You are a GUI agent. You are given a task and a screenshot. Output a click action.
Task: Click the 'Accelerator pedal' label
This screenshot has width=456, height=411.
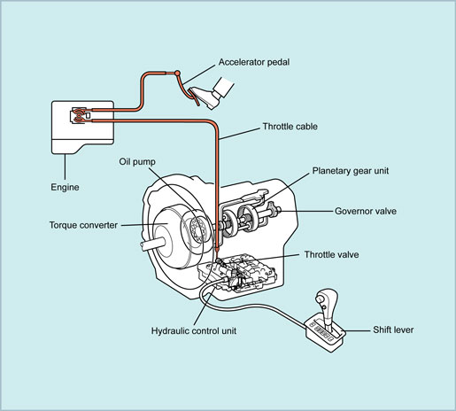(254, 62)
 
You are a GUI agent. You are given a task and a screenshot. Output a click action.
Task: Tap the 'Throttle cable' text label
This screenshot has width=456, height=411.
(290, 127)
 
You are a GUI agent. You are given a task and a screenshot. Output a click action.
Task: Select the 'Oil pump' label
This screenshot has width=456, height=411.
(137, 162)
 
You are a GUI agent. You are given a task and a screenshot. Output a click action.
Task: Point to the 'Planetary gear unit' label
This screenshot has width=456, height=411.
(351, 171)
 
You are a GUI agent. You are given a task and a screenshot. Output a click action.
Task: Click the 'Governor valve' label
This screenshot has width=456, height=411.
(366, 211)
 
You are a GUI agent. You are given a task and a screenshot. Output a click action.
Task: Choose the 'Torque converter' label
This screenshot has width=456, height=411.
(83, 225)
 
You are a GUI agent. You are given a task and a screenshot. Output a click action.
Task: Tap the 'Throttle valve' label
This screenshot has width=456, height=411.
(331, 254)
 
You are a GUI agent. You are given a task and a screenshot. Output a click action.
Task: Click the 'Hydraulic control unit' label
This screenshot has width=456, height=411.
(194, 330)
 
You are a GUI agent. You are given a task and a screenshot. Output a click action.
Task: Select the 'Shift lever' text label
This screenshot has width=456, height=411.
(393, 330)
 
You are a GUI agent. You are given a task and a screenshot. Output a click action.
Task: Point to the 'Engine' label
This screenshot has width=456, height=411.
(65, 187)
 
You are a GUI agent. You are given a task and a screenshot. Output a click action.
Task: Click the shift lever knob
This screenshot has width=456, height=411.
(326, 299)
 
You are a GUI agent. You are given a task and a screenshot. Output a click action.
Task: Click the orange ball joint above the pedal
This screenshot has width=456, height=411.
(177, 73)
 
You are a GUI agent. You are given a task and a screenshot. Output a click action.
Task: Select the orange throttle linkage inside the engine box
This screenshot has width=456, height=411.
(79, 115)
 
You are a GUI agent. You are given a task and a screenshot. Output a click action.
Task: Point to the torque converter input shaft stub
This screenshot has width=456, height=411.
(153, 244)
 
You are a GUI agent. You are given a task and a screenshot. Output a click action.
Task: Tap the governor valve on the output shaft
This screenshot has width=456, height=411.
(275, 211)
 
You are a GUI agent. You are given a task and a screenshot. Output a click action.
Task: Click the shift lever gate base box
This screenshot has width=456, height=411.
(326, 335)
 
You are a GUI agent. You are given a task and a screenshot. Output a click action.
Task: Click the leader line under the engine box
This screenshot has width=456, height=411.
(65, 167)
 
